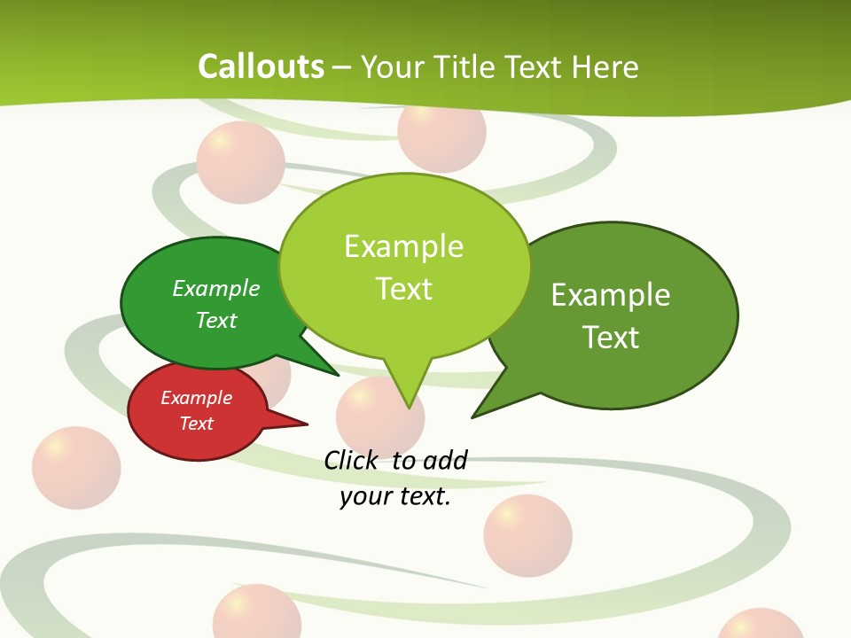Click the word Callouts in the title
261,66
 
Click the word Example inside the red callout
196,398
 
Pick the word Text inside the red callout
196,424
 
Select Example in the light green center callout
403,245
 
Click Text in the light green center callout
403,289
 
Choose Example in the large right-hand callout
611,294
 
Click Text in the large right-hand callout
611,338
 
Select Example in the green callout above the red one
216,288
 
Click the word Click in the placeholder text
351,460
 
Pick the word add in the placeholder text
445,460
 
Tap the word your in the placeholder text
359,496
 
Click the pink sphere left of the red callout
76,468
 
